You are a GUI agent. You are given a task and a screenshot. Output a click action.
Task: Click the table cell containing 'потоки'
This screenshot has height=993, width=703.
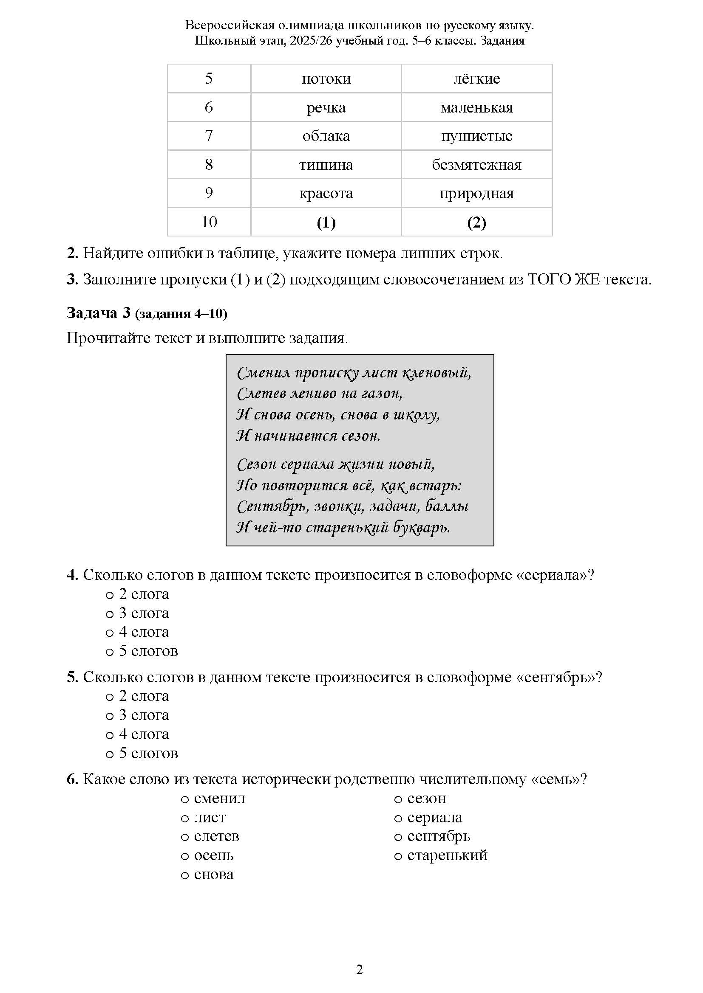[326, 79]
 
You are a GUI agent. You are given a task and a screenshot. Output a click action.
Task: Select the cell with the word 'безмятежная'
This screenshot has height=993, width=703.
[476, 165]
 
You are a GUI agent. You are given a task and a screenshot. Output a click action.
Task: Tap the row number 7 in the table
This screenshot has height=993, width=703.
[209, 136]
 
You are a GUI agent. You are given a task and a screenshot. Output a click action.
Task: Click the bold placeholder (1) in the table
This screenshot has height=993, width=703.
[326, 222]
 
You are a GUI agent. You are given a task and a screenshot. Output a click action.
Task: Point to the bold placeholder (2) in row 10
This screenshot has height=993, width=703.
[476, 222]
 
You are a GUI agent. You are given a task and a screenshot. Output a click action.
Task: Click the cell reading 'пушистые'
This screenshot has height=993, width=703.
[476, 136]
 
